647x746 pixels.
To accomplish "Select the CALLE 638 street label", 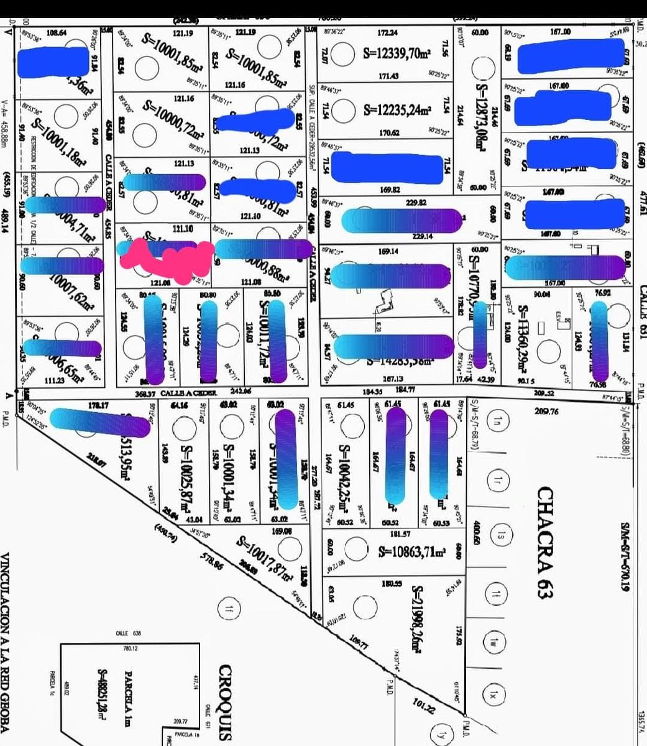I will tap(129, 633).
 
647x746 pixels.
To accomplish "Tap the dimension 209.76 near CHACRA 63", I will tap(546, 411).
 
